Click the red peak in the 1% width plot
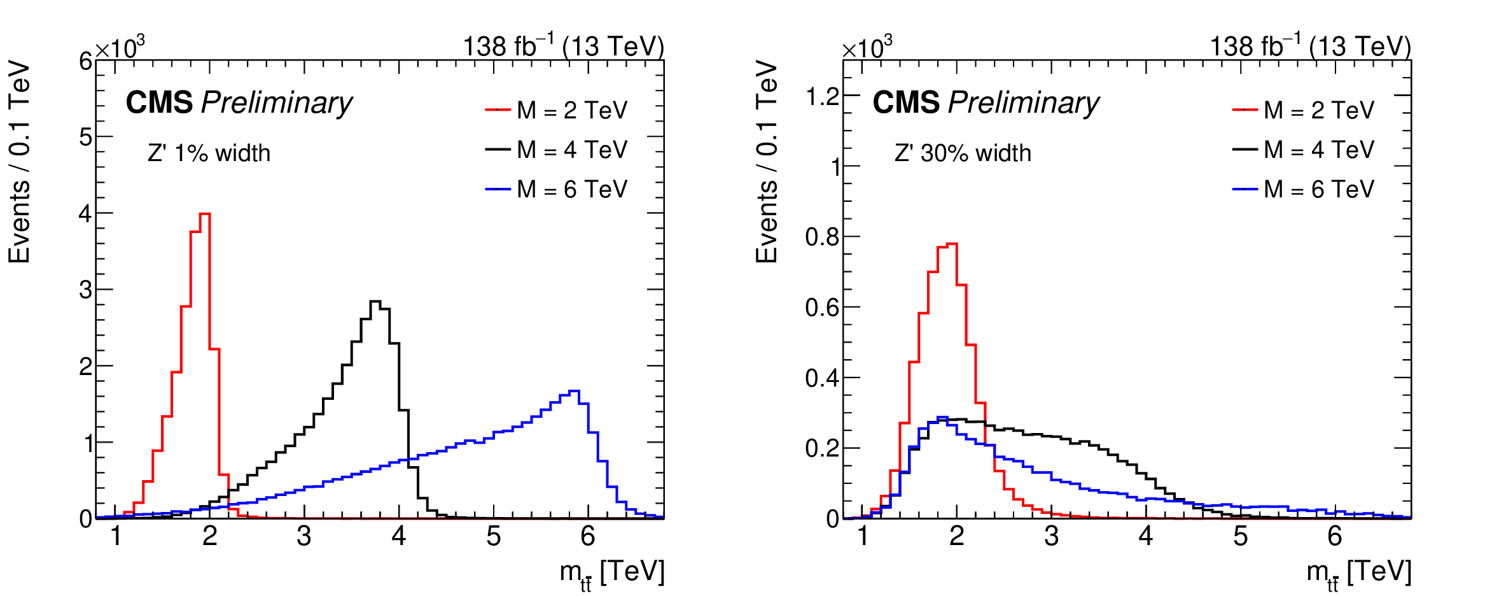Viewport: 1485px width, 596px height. (205, 215)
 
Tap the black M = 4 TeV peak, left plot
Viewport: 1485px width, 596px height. (375, 302)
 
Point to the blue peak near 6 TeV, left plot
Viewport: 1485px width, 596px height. (574, 391)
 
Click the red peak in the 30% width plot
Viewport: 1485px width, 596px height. (952, 244)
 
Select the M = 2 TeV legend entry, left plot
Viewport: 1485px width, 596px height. (557, 110)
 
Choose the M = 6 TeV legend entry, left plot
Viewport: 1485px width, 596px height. (557, 189)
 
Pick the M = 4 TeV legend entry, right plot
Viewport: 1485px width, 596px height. (1304, 150)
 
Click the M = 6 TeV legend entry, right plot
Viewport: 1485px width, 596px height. (1304, 189)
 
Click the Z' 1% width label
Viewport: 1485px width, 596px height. (209, 153)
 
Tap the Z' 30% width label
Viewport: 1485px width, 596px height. (963, 153)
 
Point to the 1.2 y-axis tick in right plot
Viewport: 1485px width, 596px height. (822, 97)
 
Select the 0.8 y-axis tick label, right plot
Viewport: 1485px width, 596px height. (822, 237)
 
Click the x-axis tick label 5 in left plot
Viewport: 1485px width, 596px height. (494, 536)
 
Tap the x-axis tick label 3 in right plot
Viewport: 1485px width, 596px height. (1051, 536)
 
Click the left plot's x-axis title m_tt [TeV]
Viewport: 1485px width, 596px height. (612, 572)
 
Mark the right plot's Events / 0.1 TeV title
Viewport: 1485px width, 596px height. (767, 162)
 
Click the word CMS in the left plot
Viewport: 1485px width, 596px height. (159, 103)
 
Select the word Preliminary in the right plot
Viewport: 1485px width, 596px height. (1023, 103)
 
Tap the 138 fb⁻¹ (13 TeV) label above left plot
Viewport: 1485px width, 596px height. (563, 46)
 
